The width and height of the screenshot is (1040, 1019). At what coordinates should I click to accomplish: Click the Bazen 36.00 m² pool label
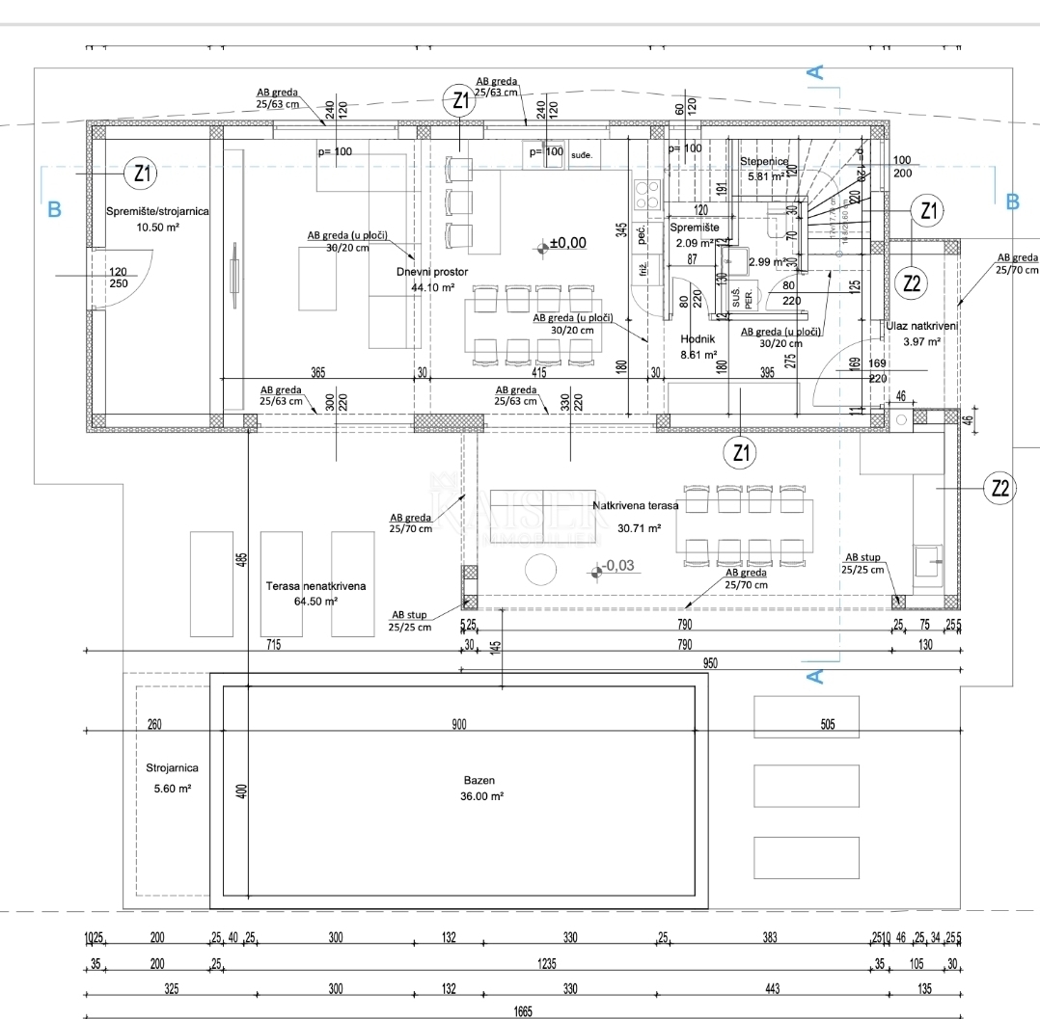pyautogui.click(x=482, y=788)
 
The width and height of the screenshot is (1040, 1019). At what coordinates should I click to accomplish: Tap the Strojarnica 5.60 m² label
pyautogui.click(x=173, y=777)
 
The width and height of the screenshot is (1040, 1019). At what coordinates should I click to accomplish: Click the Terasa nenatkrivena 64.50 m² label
pyautogui.click(x=315, y=593)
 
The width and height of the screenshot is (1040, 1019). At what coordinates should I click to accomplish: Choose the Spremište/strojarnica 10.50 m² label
pyautogui.click(x=156, y=218)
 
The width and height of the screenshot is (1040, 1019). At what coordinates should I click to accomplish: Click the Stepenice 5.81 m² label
pyautogui.click(x=764, y=169)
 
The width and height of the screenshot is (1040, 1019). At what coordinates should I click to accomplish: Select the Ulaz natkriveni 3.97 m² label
pyautogui.click(x=921, y=334)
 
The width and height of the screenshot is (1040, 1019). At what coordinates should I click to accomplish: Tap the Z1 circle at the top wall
pyautogui.click(x=459, y=98)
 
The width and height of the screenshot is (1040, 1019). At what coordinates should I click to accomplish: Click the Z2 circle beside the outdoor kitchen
pyautogui.click(x=1000, y=489)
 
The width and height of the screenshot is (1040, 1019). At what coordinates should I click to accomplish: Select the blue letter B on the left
pyautogui.click(x=54, y=208)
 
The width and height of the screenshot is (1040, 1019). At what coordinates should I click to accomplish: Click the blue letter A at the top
pyautogui.click(x=815, y=71)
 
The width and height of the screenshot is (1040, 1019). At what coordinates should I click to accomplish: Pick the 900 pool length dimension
pyautogui.click(x=458, y=725)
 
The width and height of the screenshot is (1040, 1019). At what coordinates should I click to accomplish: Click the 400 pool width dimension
pyautogui.click(x=242, y=791)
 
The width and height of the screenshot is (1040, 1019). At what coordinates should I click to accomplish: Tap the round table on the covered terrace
pyautogui.click(x=540, y=570)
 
